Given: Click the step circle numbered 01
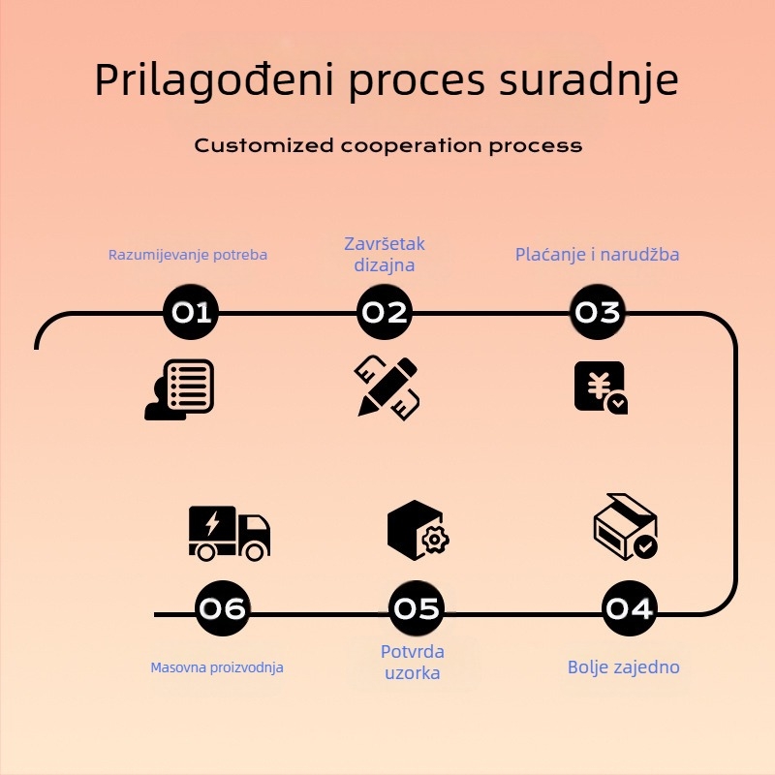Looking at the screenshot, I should tap(191, 312).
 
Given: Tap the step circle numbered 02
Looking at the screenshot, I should tap(384, 312).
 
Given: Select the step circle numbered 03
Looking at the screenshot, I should tap(597, 312).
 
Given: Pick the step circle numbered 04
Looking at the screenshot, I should tap(629, 608).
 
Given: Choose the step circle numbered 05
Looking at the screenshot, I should tap(417, 608).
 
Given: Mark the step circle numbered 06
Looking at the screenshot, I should tap(222, 608).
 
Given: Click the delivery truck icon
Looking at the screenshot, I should tap(229, 532).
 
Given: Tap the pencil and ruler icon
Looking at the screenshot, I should tap(387, 387).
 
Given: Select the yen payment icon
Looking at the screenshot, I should tap(600, 387).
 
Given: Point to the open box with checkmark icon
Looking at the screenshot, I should tap(625, 526).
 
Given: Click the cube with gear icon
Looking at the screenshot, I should tap(417, 530).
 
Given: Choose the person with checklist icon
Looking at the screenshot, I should tap(179, 388).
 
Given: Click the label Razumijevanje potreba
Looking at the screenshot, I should tap(188, 255).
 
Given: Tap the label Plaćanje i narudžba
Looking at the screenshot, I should tap(597, 255).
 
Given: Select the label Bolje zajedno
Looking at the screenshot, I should tap(624, 666).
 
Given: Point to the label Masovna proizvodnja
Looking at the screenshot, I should tap(217, 667).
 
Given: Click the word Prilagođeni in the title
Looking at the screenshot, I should tap(214, 81).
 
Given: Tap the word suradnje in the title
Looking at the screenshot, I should tap(588, 81).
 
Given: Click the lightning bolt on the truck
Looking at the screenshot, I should tap(212, 524).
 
